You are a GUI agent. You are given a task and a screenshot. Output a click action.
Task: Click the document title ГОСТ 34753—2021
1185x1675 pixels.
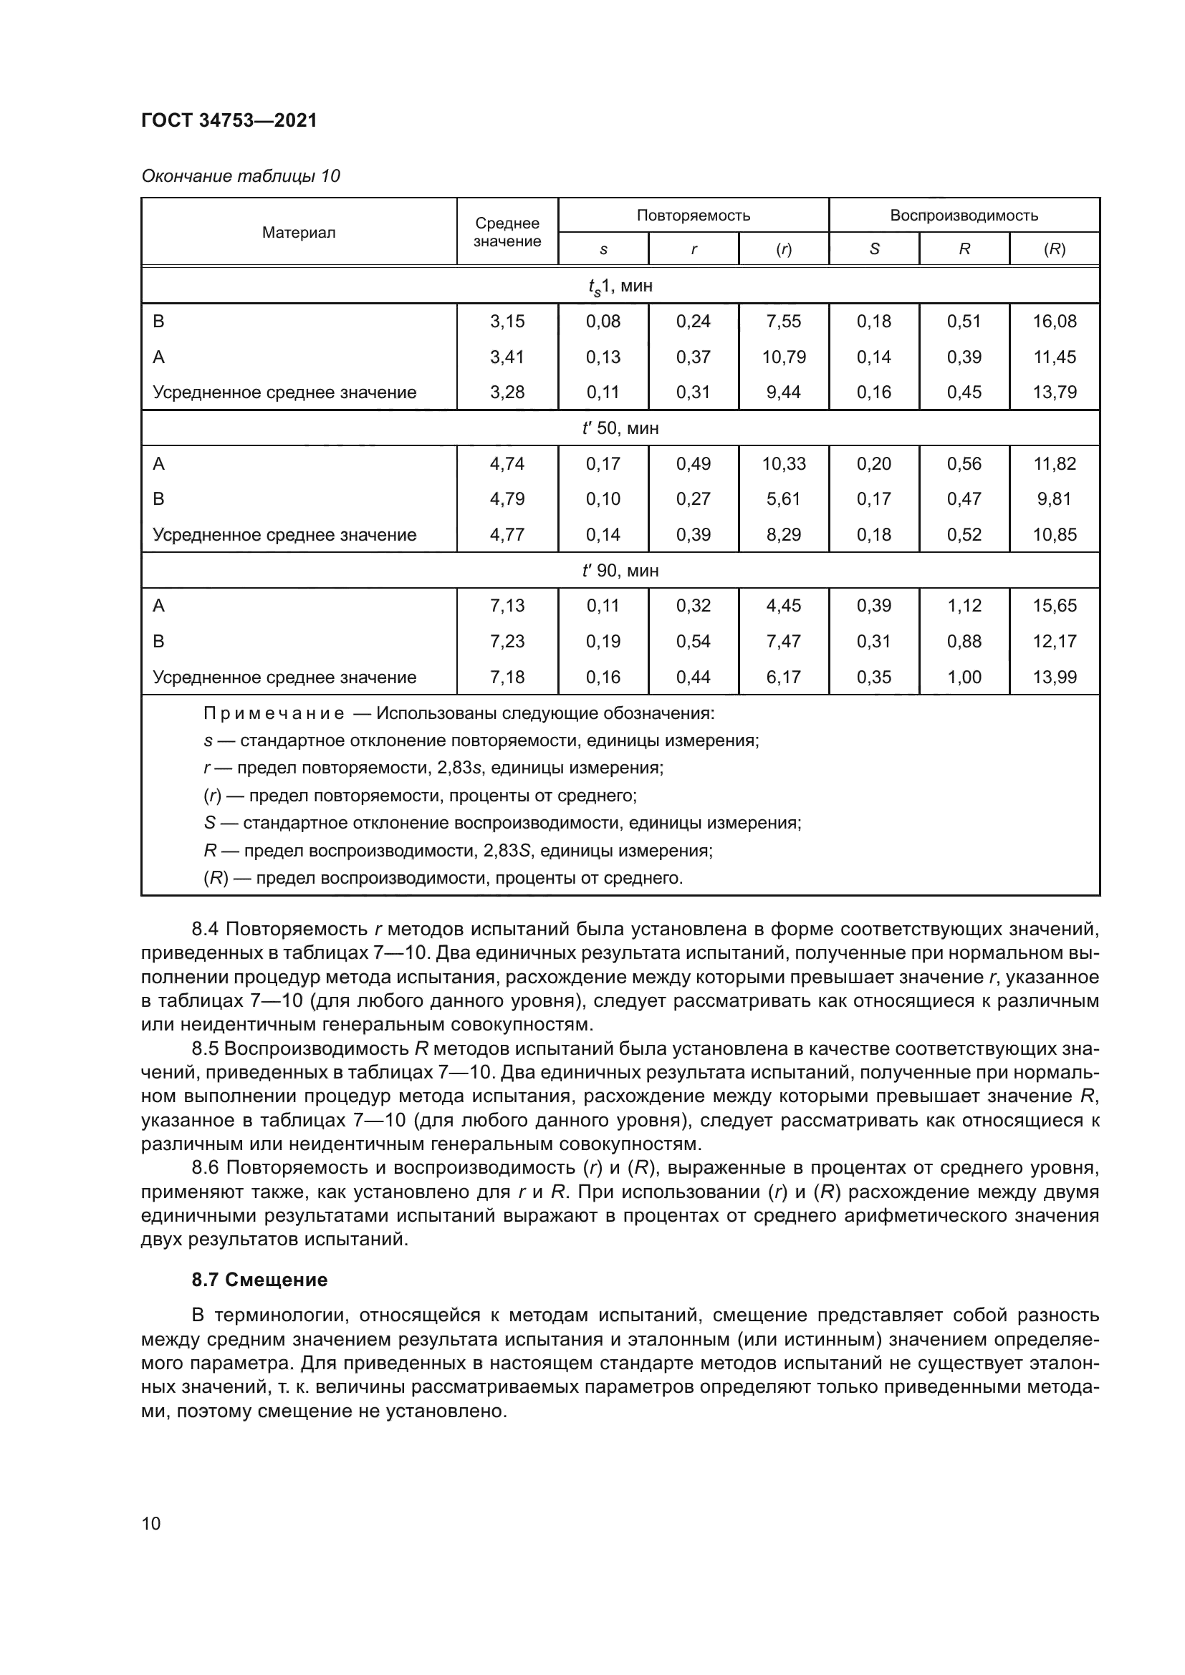(x=229, y=120)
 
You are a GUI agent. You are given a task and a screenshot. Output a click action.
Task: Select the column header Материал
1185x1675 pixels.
(x=299, y=233)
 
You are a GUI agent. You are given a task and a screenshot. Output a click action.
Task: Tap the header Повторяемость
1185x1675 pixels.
(x=694, y=216)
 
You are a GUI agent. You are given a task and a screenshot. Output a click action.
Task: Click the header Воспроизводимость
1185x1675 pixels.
(x=964, y=216)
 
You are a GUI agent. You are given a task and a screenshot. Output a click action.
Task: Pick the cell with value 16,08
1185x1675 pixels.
(x=1055, y=321)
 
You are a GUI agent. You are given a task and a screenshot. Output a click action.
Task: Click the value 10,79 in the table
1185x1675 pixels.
(x=784, y=357)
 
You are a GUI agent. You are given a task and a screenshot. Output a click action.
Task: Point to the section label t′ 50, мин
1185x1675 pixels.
(x=620, y=428)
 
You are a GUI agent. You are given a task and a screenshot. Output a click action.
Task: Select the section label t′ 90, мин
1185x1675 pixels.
(x=620, y=571)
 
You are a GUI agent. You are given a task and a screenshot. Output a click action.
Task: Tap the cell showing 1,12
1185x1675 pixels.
(x=964, y=606)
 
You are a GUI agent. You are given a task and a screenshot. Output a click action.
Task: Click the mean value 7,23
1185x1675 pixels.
(x=507, y=641)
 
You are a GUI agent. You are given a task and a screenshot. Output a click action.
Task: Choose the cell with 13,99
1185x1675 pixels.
(x=1055, y=677)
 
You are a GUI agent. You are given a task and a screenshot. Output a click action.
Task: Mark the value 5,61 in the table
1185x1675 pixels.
(x=784, y=499)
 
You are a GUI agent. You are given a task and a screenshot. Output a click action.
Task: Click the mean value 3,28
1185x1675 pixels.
(x=507, y=392)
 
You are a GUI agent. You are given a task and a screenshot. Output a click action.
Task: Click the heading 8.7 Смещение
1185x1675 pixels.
(x=259, y=1280)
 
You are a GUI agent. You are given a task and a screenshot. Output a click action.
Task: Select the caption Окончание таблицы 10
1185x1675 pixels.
(x=240, y=176)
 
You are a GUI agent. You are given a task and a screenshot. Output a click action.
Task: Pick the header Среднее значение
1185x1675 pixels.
(x=507, y=233)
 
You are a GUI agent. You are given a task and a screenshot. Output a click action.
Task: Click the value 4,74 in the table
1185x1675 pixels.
(x=507, y=464)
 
